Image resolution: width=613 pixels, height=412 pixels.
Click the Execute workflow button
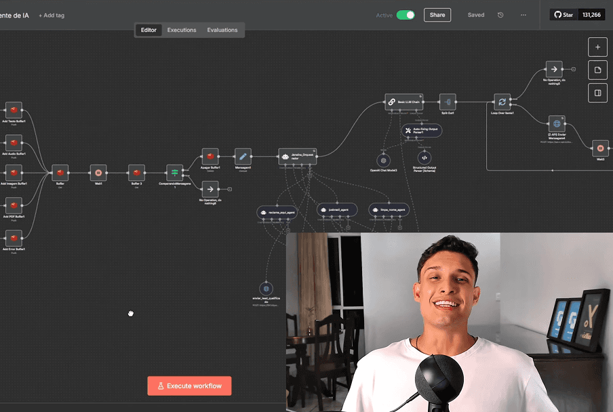(189, 386)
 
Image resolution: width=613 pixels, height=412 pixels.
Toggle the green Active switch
(406, 15)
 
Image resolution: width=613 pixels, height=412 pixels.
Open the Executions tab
(182, 30)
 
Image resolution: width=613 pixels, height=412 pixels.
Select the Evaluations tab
(222, 30)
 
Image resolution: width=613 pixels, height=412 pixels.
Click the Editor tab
(149, 30)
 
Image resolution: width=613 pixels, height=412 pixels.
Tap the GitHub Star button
(563, 14)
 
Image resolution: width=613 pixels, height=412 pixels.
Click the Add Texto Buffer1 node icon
(14, 110)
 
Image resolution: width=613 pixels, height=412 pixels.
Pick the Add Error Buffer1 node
(14, 238)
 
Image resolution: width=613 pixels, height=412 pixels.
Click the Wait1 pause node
(98, 173)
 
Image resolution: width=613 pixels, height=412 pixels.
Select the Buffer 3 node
(137, 173)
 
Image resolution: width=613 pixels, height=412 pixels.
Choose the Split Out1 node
(447, 102)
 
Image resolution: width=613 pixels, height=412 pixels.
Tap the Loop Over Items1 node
(502, 102)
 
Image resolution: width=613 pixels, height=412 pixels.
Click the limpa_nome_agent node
(389, 210)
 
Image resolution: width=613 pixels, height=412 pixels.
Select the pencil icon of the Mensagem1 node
(243, 157)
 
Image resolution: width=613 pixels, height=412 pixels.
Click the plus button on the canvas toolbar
(597, 47)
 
